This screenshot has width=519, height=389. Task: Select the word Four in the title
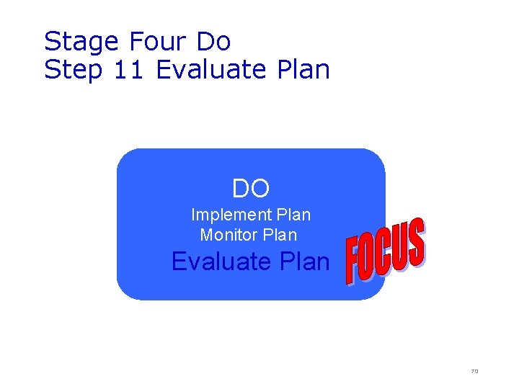[155, 41]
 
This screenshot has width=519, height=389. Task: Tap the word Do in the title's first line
[213, 41]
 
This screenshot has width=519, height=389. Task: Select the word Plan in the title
[303, 70]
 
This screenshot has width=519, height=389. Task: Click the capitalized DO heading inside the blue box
[251, 189]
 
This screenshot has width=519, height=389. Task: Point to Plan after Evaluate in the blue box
[303, 261]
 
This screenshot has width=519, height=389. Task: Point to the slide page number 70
[474, 372]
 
